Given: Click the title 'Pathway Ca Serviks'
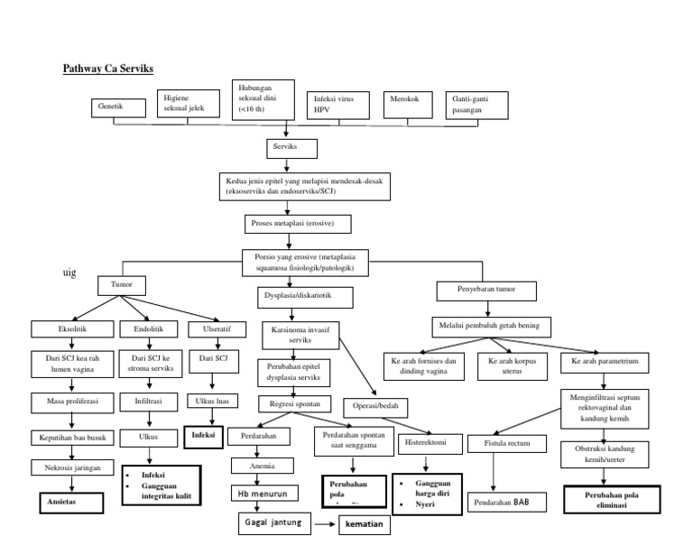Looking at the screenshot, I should pyautogui.click(x=114, y=69).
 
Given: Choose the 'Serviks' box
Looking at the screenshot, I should pyautogui.click(x=286, y=146).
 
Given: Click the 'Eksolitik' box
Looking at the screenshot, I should pyautogui.click(x=72, y=330).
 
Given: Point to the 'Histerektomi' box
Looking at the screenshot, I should pyautogui.click(x=426, y=443).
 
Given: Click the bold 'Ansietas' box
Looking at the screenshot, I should pyautogui.click(x=70, y=502).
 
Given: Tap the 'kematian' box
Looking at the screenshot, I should pyautogui.click(x=364, y=524).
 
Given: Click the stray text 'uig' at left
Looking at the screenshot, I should pyautogui.click(x=69, y=274).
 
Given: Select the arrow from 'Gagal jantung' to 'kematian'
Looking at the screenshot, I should pyautogui.click(x=325, y=523).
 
